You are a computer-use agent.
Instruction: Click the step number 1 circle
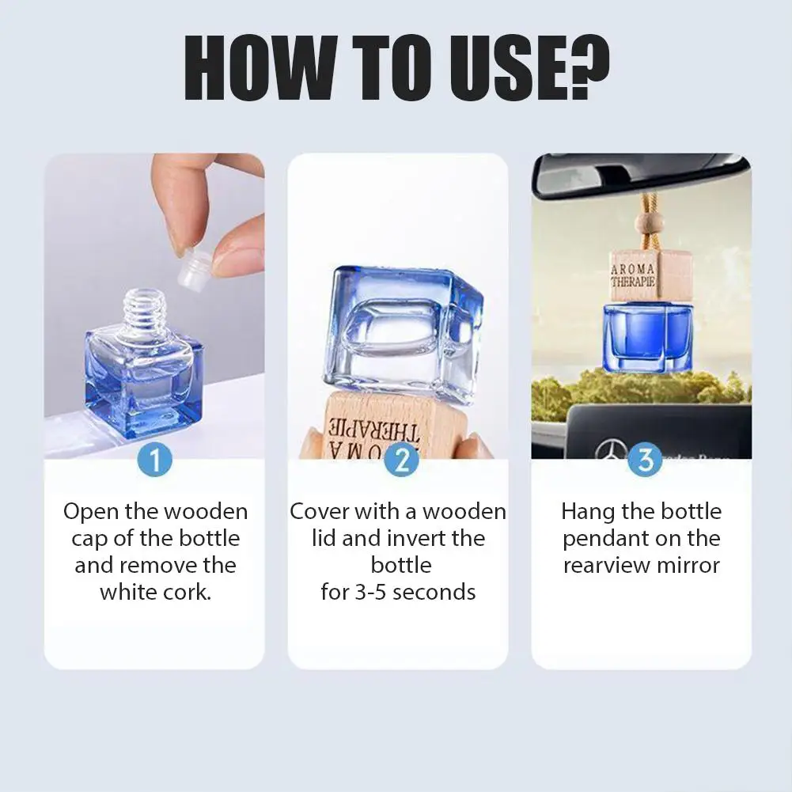[155, 460]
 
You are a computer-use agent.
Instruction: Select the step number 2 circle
[401, 460]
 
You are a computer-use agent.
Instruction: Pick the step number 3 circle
[645, 460]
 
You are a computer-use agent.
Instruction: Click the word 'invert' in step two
[426, 538]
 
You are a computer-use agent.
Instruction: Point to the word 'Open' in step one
[91, 511]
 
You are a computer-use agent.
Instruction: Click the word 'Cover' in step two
[320, 511]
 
